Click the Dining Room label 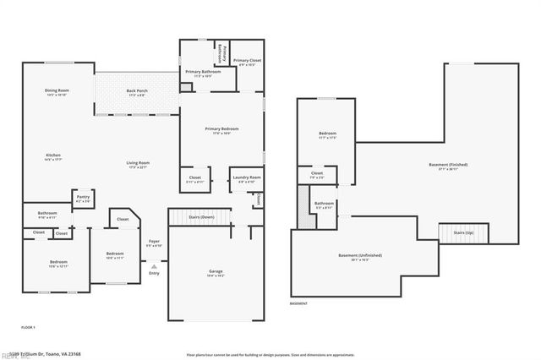pos(57,91)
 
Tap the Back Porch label pos(137,91)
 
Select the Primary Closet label pos(247,62)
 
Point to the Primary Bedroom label pos(221,129)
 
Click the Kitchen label pos(53,156)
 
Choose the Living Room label pos(138,164)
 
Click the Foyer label pos(154,243)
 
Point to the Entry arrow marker pos(154,266)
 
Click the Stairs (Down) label pos(200,217)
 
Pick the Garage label pos(216,272)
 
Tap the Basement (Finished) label pos(448,166)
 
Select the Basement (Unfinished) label pos(360,255)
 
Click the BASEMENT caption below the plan pos(299,303)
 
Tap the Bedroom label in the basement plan pos(327,134)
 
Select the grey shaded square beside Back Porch pos(185,87)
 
